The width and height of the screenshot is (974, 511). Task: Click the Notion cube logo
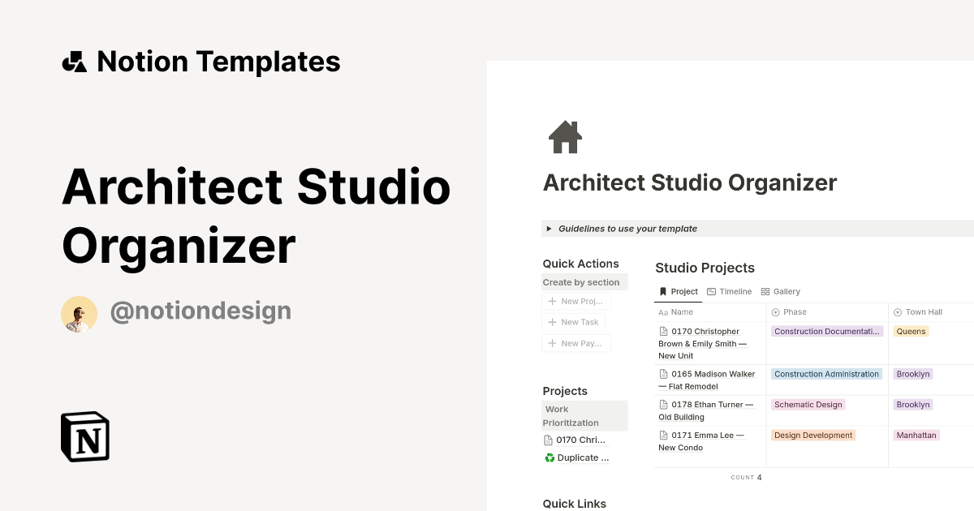(85, 436)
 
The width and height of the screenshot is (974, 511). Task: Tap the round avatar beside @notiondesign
(79, 314)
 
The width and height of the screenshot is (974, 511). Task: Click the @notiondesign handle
(200, 311)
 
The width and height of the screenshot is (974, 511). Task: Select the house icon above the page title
(565, 137)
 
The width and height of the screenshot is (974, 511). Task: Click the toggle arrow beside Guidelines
(549, 229)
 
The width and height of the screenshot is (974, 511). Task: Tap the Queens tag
(911, 332)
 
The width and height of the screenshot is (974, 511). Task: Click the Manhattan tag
(916, 436)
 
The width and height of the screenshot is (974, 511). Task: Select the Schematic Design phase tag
(808, 405)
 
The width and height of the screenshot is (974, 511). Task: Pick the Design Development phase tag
(812, 436)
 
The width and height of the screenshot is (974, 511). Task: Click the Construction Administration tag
(826, 375)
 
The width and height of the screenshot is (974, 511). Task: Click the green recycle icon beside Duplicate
(549, 458)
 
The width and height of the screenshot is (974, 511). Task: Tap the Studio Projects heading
(705, 268)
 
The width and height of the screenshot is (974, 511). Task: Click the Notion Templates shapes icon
(74, 62)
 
